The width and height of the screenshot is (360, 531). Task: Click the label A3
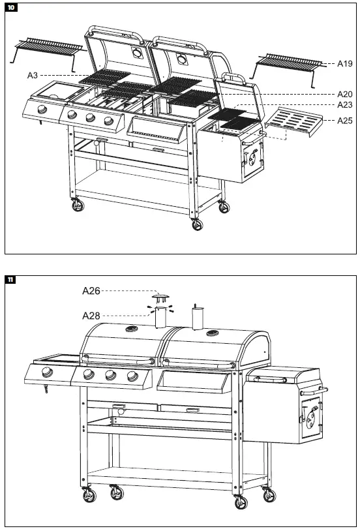coord(33,76)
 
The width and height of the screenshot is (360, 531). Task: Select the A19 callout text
coord(344,64)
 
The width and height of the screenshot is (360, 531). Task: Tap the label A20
coord(344,94)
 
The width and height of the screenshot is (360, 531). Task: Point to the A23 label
coord(344,105)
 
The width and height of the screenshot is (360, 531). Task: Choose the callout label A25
coord(344,121)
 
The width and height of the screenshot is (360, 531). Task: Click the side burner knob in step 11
coord(47,373)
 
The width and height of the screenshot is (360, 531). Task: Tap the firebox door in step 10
coord(250,157)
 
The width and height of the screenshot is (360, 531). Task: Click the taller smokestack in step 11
coord(198,319)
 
